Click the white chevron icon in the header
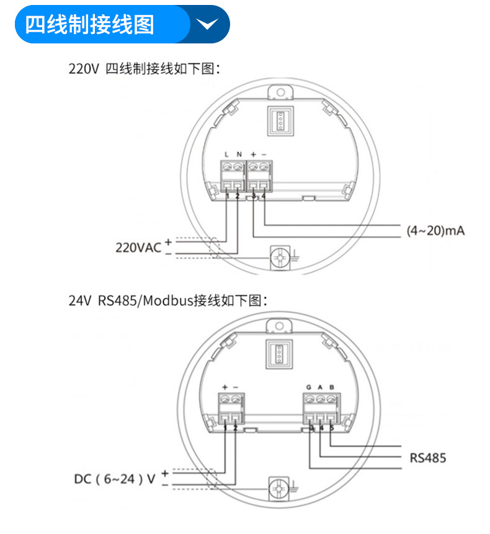pyautogui.click(x=207, y=24)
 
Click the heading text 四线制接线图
pyautogui.click(x=89, y=25)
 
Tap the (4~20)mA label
pyautogui.click(x=435, y=231)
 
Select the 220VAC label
pyautogui.click(x=138, y=247)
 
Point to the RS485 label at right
pyautogui.click(x=427, y=458)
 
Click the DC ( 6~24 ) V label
pyautogui.click(x=115, y=479)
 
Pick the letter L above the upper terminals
pyautogui.click(x=227, y=154)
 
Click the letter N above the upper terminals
pyautogui.click(x=239, y=154)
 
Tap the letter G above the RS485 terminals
pyautogui.click(x=308, y=388)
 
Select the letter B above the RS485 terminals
pyautogui.click(x=332, y=388)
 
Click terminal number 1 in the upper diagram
pyautogui.click(x=228, y=197)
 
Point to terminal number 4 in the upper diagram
pyautogui.click(x=264, y=197)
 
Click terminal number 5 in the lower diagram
pyautogui.click(x=332, y=427)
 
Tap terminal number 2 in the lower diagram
pyautogui.click(x=236, y=427)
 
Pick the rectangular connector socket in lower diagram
pyautogui.click(x=278, y=355)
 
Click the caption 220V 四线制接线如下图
pyautogui.click(x=145, y=68)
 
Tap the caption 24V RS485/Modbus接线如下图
pyautogui.click(x=167, y=301)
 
